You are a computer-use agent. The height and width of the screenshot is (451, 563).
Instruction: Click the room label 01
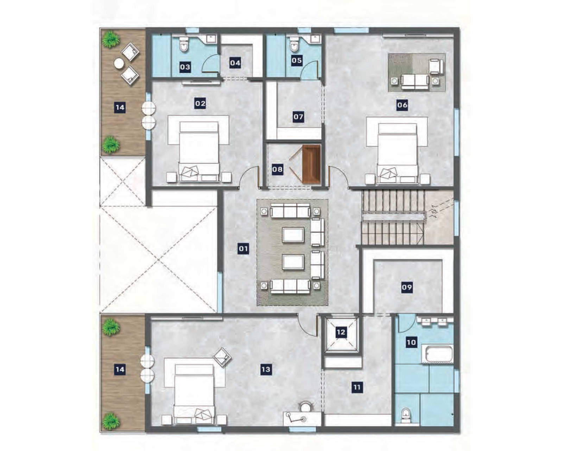(x=243, y=249)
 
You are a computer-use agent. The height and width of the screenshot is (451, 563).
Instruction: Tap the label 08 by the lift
(x=277, y=169)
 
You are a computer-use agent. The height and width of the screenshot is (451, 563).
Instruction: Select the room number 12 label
(x=341, y=332)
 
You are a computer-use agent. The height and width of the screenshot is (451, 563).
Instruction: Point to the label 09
(x=407, y=287)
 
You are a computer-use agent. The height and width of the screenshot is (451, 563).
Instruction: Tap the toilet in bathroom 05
(x=294, y=44)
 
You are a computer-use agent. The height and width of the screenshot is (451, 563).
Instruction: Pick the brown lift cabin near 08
(x=312, y=164)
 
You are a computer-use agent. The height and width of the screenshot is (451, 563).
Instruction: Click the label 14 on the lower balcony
(x=120, y=369)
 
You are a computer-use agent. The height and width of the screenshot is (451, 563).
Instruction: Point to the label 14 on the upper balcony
(x=120, y=107)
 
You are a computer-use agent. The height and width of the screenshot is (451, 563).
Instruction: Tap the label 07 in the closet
(x=298, y=117)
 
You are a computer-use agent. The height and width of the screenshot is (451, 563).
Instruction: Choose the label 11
(x=357, y=387)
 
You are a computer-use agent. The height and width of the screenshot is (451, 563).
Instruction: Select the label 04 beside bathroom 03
(x=235, y=63)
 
